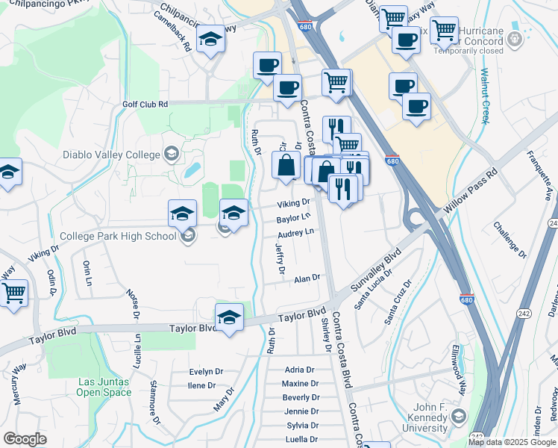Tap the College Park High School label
118,236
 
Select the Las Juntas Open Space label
103,387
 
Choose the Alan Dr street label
307,279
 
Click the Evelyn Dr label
206,371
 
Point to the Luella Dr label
302,438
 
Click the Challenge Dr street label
510,240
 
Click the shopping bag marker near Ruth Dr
286,165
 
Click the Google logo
25,439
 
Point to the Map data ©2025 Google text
512,442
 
